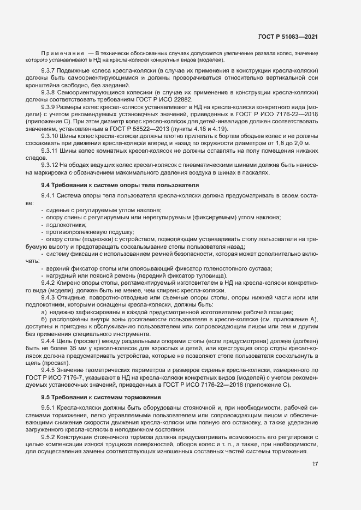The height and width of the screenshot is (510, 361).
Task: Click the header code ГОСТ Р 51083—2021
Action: (288, 37)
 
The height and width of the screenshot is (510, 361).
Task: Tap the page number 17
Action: (315, 464)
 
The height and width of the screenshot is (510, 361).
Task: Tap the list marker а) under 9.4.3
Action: (44, 311)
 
